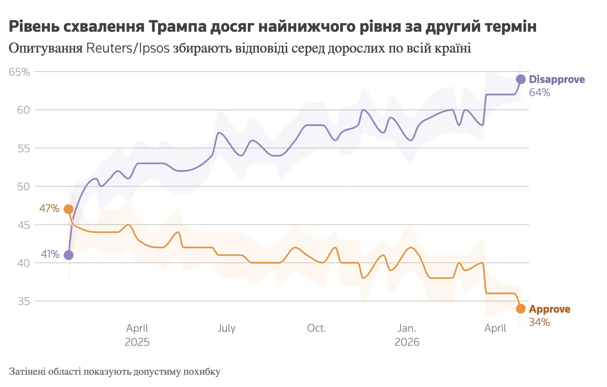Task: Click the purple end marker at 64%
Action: click(520, 79)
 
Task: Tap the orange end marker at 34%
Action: click(520, 309)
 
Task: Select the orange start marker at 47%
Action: click(68, 209)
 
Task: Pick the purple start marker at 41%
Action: click(68, 255)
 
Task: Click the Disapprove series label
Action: click(557, 79)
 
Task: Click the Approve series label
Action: click(549, 309)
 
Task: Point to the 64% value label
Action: click(540, 93)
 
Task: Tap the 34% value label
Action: click(539, 323)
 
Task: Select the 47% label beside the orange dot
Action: click(49, 209)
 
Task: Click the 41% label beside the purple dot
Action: click(50, 255)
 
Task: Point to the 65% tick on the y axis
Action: click(19, 72)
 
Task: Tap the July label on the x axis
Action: click(226, 328)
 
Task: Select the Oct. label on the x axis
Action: click(316, 328)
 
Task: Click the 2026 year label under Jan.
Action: click(407, 342)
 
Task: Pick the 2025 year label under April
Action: click(137, 342)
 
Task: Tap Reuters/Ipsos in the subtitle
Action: click(127, 48)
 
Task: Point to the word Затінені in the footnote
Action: click(28, 372)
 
